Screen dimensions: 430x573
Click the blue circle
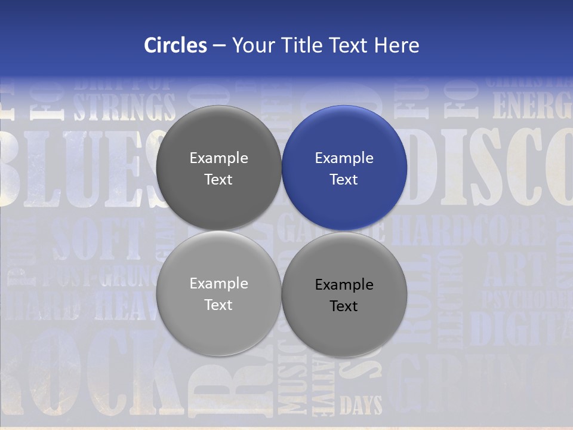[x=344, y=168]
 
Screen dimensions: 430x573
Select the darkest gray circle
[x=218, y=168]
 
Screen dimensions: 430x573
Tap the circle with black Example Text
[x=344, y=294]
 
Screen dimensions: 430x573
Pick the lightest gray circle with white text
[x=218, y=293]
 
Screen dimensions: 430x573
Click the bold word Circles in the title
[x=175, y=45]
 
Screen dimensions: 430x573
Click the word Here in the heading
[x=396, y=45]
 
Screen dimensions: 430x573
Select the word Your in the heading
[x=251, y=45]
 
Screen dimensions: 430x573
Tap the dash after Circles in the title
[x=219, y=45]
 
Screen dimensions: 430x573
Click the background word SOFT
[x=98, y=239]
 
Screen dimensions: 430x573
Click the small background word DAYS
[x=361, y=406]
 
